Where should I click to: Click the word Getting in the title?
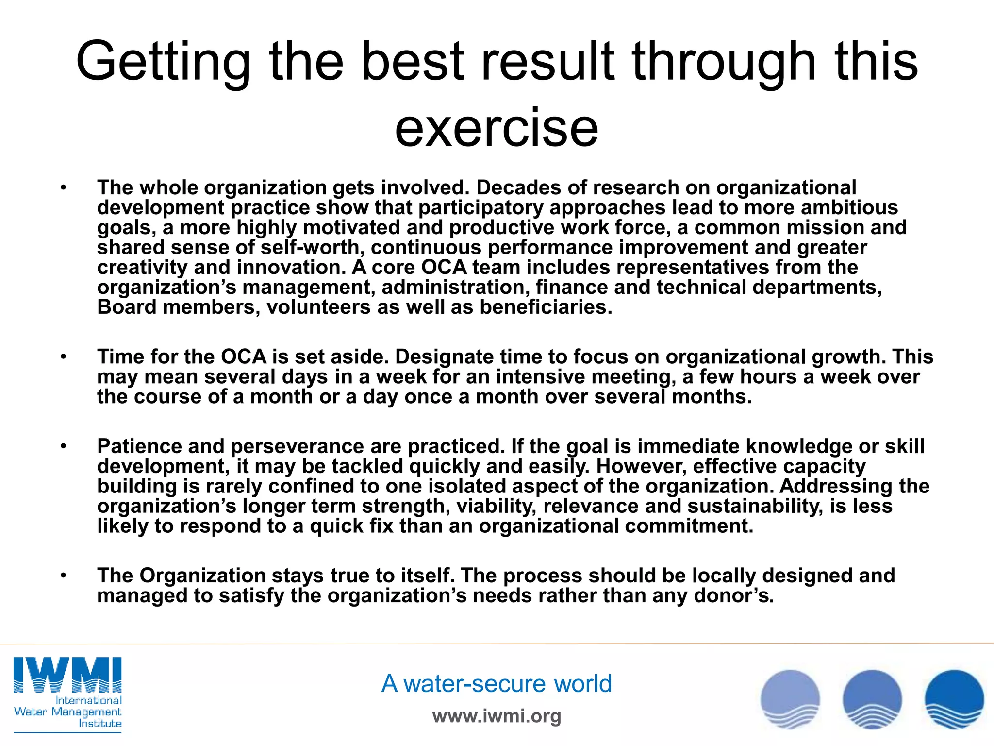click(x=163, y=62)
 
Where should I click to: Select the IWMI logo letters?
click(x=67, y=675)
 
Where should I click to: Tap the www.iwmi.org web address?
click(x=497, y=716)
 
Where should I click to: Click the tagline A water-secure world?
click(x=497, y=683)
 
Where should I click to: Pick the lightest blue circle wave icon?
click(x=790, y=699)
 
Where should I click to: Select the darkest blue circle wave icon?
click(x=954, y=699)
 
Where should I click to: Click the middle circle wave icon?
click(x=872, y=699)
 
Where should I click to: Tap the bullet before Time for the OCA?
click(x=63, y=357)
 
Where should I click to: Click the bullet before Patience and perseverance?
click(x=63, y=446)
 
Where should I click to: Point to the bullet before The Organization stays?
click(x=63, y=576)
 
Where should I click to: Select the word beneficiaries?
click(x=546, y=307)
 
